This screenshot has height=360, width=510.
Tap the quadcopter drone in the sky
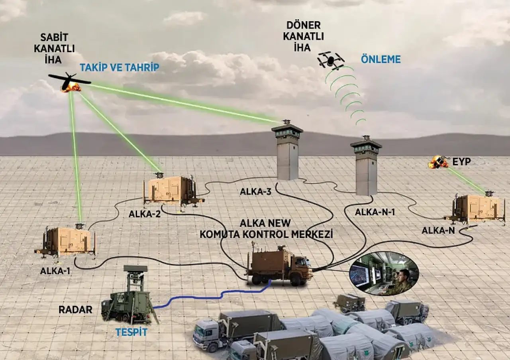pyautogui.click(x=331, y=60)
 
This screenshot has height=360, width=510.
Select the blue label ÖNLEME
pyautogui.click(x=381, y=59)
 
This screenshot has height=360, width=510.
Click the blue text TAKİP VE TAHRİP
pyautogui.click(x=119, y=67)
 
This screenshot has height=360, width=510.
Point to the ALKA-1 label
pyautogui.click(x=55, y=271)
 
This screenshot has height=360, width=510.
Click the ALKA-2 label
pyautogui.click(x=145, y=214)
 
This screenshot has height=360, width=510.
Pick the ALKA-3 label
pyautogui.click(x=255, y=192)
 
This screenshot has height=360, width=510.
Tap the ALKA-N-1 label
pyautogui.click(x=375, y=212)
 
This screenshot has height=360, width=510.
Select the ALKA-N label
pyautogui.click(x=438, y=230)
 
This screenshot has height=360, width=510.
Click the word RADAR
pyautogui.click(x=75, y=310)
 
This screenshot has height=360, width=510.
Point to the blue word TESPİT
pyautogui.click(x=131, y=332)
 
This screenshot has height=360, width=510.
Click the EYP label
pyautogui.click(x=461, y=161)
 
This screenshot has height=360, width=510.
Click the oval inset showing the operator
pyautogui.click(x=384, y=273)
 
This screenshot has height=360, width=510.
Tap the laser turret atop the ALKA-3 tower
pyautogui.click(x=286, y=122)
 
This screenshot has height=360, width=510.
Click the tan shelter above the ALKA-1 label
pyautogui.click(x=66, y=241)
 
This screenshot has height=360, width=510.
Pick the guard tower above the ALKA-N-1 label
pyautogui.click(x=366, y=166)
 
